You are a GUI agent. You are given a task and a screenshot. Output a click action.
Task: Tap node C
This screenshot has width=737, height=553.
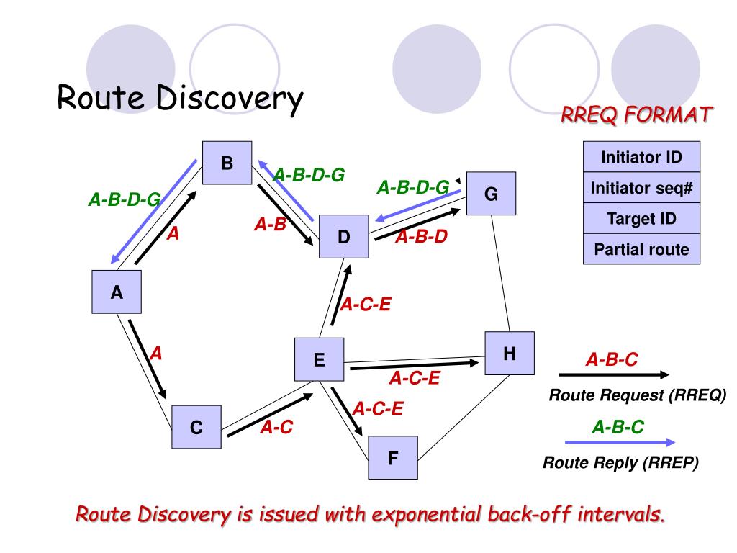196,428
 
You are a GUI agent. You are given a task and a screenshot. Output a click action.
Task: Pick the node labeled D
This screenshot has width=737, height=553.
343,237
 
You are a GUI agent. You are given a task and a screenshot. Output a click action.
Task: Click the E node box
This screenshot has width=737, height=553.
319,359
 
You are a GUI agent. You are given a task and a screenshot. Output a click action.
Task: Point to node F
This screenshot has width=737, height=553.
393,457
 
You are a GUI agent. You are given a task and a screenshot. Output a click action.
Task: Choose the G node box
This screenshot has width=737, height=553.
491,194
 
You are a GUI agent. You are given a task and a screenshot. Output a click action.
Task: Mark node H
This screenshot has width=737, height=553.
509,353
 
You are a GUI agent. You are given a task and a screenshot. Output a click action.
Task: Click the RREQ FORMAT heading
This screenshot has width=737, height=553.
637,114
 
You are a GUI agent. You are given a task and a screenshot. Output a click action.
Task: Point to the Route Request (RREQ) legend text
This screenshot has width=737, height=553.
638,395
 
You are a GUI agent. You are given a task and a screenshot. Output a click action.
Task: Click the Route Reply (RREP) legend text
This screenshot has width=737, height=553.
620,463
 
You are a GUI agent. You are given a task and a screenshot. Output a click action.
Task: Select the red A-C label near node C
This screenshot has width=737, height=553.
276,428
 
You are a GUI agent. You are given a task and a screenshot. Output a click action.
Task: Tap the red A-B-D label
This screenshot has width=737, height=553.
421,235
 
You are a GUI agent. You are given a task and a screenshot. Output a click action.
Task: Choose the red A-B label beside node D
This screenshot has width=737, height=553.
270,225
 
